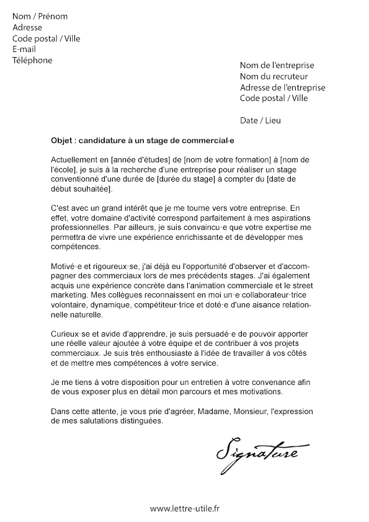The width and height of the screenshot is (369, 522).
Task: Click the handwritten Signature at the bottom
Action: pyautogui.click(x=257, y=449)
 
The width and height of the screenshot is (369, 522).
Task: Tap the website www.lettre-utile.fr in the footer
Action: pyautogui.click(x=185, y=508)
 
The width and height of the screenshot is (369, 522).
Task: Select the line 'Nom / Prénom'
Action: pyautogui.click(x=40, y=16)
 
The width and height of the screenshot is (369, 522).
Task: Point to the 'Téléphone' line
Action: pyautogui.click(x=32, y=60)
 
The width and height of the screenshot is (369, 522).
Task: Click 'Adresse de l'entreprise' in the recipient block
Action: pyautogui.click(x=282, y=87)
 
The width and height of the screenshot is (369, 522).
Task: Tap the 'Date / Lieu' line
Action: pyautogui.click(x=260, y=120)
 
